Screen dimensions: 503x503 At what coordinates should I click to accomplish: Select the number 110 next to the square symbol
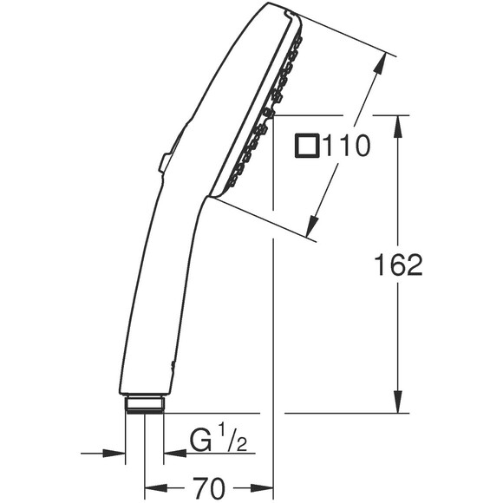pyautogui.click(x=346, y=146)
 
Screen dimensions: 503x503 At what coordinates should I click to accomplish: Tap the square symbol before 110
pyautogui.click(x=306, y=146)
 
